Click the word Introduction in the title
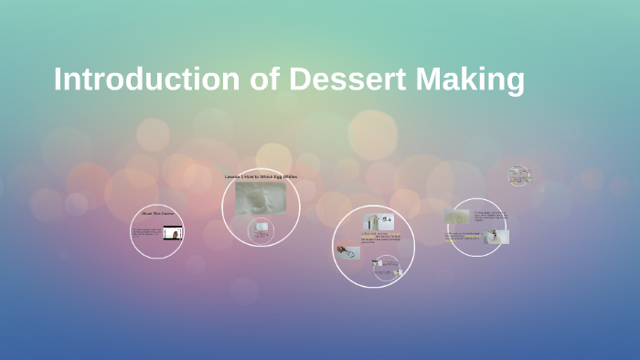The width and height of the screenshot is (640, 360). pos(146,79)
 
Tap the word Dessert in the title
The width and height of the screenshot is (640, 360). pos(348,79)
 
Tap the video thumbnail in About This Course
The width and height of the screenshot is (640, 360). pos(172,233)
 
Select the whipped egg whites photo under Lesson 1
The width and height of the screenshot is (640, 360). pos(261,197)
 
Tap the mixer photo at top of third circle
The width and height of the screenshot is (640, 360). pos(378,220)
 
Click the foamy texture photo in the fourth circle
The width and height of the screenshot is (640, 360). pos(457,217)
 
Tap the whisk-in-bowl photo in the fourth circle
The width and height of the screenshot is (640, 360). pos(498,237)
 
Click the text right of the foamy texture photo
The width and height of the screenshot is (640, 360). pos(489,217)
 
